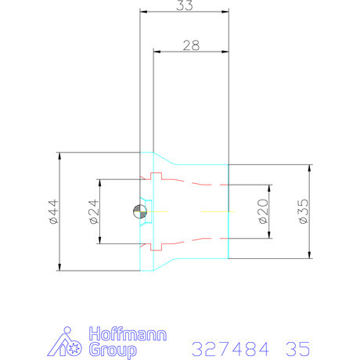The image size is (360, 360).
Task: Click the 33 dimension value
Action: tap(185, 5)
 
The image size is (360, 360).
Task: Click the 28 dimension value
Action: tap(191, 45)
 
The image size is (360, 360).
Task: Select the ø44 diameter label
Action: tap(53, 211)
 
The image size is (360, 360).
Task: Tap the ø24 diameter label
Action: tap(94, 211)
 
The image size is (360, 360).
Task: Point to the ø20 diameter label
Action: tap(263, 211)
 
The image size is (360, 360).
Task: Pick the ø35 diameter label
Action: tap(304, 211)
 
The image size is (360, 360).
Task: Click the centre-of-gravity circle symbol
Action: tap(140, 211)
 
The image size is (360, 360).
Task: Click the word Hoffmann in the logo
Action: tap(128, 333)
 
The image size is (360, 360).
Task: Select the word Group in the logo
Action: tap(113, 350)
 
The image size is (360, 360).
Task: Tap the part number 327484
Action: tap(230, 349)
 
